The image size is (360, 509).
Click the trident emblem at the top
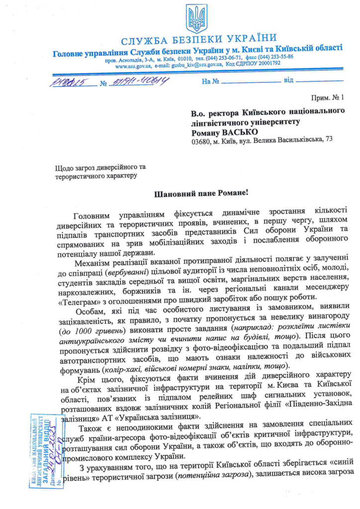[x=196, y=19]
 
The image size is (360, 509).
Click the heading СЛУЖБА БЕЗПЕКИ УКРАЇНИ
[x=198, y=39]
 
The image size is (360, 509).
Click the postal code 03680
[x=202, y=141]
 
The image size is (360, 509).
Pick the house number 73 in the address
[x=328, y=141]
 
